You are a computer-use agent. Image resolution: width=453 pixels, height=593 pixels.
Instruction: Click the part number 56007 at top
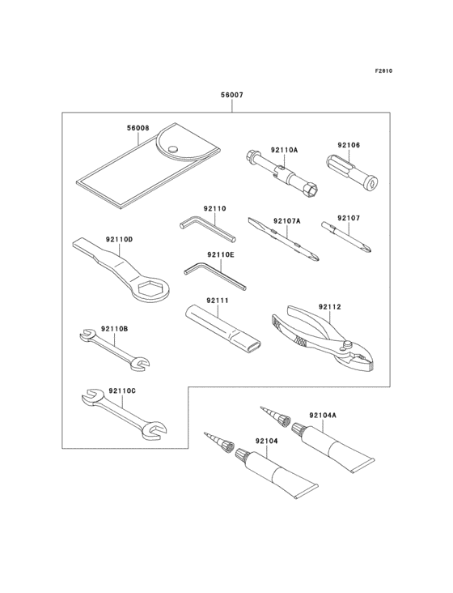232,95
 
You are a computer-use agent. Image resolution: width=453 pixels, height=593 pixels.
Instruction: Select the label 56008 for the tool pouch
138,128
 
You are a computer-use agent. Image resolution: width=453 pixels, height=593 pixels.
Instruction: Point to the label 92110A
284,150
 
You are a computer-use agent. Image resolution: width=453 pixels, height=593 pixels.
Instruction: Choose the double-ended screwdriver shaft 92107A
284,240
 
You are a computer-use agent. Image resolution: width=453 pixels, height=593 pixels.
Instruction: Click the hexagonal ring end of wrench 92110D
152,289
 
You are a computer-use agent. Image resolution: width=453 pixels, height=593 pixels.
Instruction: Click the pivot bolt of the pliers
347,346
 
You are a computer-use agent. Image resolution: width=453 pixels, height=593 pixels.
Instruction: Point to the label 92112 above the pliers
329,307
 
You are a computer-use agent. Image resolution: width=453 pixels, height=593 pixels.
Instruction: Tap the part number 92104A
323,415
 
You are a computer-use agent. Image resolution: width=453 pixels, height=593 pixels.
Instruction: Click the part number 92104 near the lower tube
266,442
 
